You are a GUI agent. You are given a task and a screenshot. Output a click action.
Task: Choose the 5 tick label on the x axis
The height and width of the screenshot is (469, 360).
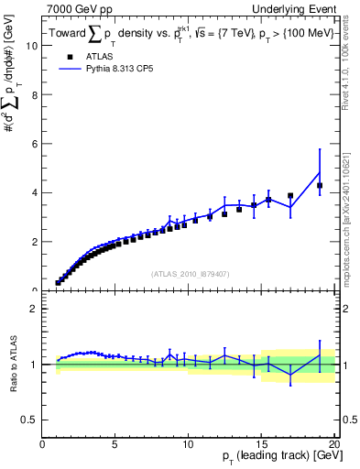pyautogui.click(x=115, y=444)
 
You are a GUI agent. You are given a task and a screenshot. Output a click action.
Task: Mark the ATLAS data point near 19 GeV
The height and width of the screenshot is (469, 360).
pyautogui.click(x=320, y=185)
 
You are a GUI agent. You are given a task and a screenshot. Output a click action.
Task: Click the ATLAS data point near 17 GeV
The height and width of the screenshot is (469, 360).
pyautogui.click(x=290, y=195)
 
